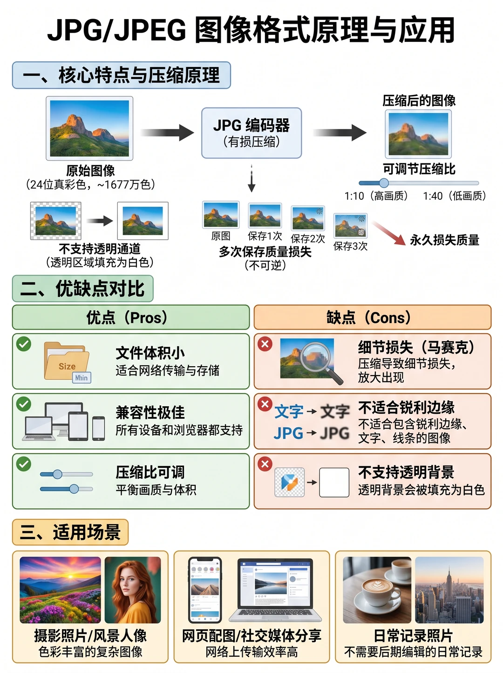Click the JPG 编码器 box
(x=251, y=133)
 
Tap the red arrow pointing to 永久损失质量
(x=389, y=233)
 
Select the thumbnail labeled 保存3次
(x=351, y=226)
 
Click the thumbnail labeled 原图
(x=221, y=215)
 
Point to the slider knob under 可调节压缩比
(x=384, y=183)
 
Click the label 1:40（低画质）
(x=454, y=196)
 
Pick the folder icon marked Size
(x=67, y=361)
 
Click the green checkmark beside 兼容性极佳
(x=24, y=404)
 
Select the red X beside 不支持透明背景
(x=265, y=464)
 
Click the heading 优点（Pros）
(x=127, y=317)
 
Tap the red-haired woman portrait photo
(x=133, y=590)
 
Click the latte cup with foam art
(x=377, y=588)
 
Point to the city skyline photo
(x=449, y=590)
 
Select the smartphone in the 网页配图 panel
(x=205, y=590)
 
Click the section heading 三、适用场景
(x=70, y=532)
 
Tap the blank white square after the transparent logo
(x=334, y=482)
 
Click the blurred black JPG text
(x=335, y=433)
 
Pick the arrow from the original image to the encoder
(x=167, y=133)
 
